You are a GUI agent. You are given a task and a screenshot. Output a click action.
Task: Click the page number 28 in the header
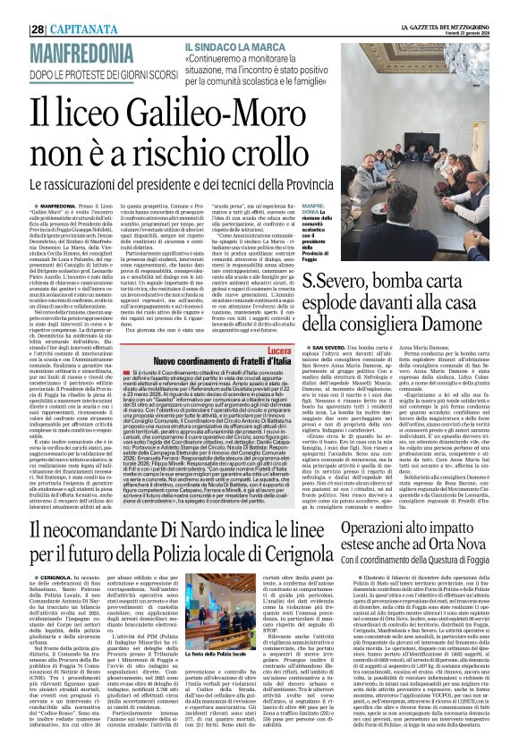[14, 8]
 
